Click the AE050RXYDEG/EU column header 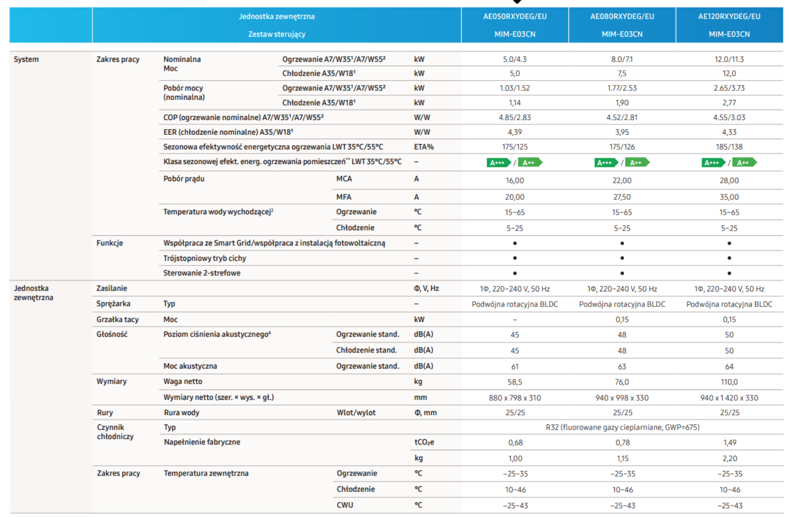coord(515,16)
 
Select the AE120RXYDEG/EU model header coord(729,16)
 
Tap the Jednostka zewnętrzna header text coord(276,16)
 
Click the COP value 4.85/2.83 coord(515,117)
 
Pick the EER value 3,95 coord(622,132)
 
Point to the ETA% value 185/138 coord(729,147)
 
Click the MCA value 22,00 coord(622,180)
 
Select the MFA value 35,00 coord(729,197)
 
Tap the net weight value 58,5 coord(515,382)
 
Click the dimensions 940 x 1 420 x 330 coord(729,398)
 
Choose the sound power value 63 coord(622,367)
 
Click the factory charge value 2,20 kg coord(730,458)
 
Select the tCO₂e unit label coord(424,442)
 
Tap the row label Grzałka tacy coord(118,319)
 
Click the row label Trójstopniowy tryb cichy coord(204,258)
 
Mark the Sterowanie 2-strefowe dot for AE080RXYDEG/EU coord(622,273)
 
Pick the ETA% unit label coord(424,147)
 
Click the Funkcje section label coord(110,243)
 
